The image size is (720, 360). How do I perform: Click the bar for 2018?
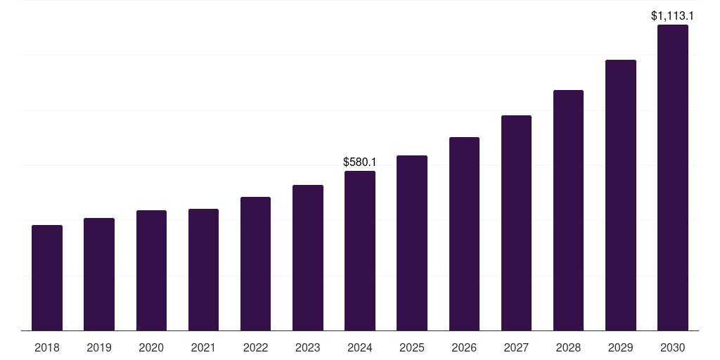point(47,278)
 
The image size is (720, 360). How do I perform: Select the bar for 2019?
point(99,274)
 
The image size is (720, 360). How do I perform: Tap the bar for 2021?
point(203,269)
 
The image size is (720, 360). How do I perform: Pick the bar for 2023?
point(308,257)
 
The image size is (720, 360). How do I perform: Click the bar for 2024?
point(360,250)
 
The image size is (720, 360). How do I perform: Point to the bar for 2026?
point(464,233)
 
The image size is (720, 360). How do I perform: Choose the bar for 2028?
point(568,210)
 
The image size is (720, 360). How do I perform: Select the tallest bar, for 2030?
point(672,177)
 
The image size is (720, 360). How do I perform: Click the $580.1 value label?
point(359,162)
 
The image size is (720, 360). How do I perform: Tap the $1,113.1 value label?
point(671,15)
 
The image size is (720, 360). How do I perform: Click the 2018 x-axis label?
point(47,347)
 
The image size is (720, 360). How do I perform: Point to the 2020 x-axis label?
point(151,347)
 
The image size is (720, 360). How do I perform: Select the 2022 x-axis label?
point(255,347)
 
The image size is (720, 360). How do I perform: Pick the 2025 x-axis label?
point(412,347)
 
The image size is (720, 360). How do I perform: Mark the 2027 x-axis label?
point(516,347)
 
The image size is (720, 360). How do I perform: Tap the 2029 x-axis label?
point(620,347)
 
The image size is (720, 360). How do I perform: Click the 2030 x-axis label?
point(672,347)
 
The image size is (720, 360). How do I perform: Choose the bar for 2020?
point(151,270)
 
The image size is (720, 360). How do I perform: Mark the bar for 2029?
point(620,195)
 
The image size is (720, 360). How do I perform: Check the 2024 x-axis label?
point(360,347)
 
